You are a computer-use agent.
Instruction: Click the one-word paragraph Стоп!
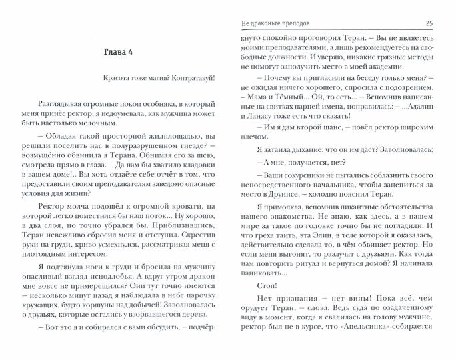pos(251,299)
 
